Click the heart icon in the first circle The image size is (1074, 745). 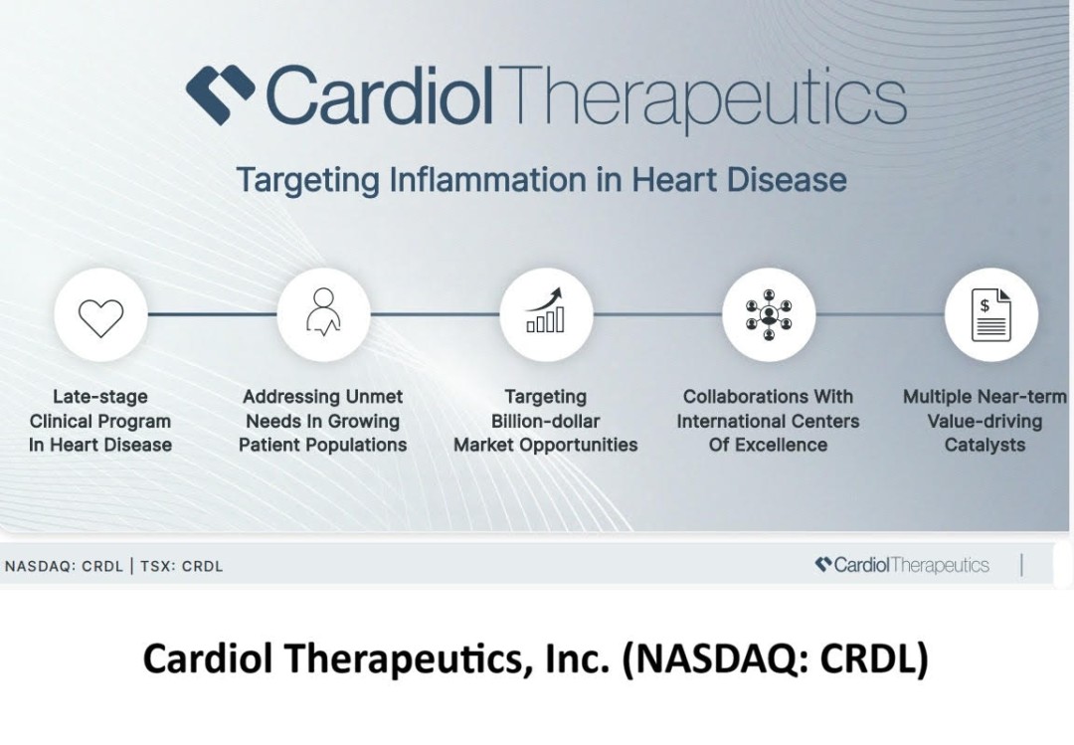pos(100,318)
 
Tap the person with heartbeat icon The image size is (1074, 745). pos(323,312)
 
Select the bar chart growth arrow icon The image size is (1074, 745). pos(546,309)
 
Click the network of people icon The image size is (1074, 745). pos(769,315)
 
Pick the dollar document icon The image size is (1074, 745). pos(991,314)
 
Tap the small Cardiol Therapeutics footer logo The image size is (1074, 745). pos(902,565)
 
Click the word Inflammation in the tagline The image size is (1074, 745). pos(488,180)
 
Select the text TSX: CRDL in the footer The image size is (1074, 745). pos(182,567)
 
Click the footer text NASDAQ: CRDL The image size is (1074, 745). pos(64,567)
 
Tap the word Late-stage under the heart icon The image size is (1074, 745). pos(100,397)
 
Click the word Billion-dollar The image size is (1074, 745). pos(546,421)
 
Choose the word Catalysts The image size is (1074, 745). pos(984,445)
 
